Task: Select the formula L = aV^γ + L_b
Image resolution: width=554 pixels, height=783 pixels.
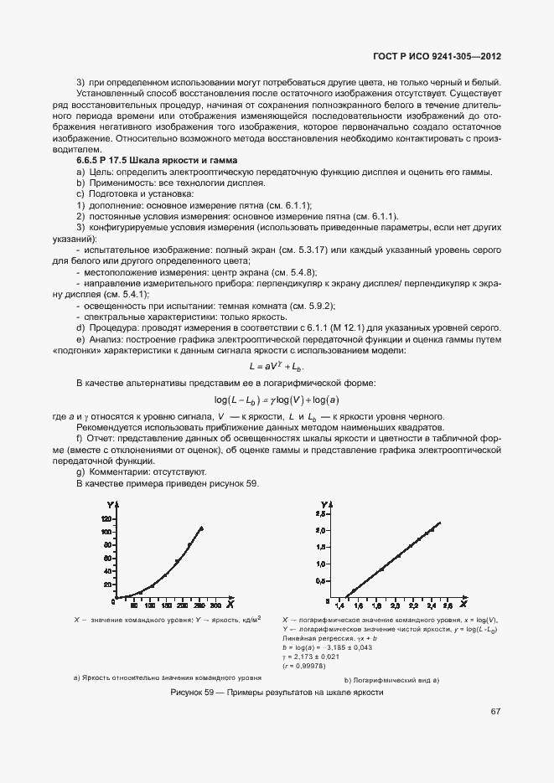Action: pyautogui.click(x=276, y=366)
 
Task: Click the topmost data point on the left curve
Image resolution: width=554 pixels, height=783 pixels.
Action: pyautogui.click(x=201, y=528)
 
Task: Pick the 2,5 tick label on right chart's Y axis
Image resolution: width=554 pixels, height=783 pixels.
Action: pyautogui.click(x=319, y=531)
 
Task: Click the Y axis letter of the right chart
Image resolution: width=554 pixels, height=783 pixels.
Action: pyautogui.click(x=324, y=505)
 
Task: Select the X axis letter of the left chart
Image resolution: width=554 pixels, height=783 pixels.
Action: pyautogui.click(x=230, y=604)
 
